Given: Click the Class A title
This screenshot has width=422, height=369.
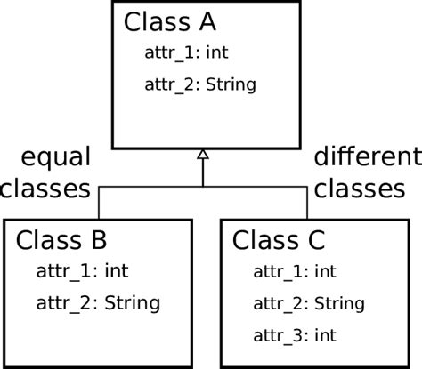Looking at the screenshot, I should pyautogui.click(x=170, y=21).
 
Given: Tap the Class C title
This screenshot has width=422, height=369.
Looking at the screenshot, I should pyautogui.click(x=279, y=240).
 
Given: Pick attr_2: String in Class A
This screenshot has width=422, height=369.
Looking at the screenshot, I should pyautogui.click(x=200, y=85).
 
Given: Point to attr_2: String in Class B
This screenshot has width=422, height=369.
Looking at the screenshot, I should pyautogui.click(x=98, y=303).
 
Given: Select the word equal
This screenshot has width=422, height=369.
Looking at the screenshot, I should pyautogui.click(x=55, y=160).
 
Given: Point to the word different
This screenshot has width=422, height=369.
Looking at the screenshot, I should pyautogui.click(x=367, y=158).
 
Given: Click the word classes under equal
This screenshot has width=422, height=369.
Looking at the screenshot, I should pyautogui.click(x=46, y=189).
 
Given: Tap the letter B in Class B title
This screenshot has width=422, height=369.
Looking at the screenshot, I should pyautogui.click(x=99, y=240).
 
